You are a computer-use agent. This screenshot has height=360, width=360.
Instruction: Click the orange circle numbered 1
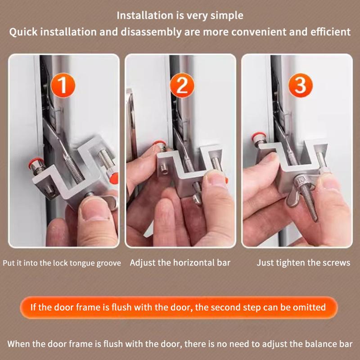coord(63,85)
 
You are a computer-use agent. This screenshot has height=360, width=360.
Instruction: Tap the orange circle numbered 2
coord(182,85)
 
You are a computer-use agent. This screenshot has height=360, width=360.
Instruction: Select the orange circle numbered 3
coord(300,85)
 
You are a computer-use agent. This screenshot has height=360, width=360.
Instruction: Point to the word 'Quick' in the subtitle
coord(23,32)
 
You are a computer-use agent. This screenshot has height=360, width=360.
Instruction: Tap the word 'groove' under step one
coord(108,263)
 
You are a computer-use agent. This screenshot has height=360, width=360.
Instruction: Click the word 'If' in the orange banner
coord(33,307)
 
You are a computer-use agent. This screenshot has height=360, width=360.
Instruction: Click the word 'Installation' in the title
coord(145,16)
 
